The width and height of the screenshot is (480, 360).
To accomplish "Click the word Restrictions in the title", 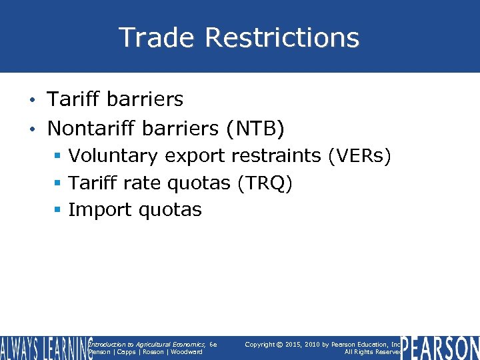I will (x=282, y=37).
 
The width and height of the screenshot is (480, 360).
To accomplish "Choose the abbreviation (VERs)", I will (x=359, y=156).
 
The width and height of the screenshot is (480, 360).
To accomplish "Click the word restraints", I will (x=276, y=156).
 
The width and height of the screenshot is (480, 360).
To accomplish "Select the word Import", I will (x=101, y=209).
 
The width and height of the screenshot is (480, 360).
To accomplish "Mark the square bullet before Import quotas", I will (x=58, y=210).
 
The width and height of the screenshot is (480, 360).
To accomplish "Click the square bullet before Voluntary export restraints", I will (x=58, y=157).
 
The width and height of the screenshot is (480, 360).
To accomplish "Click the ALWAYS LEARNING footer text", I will (x=45, y=348).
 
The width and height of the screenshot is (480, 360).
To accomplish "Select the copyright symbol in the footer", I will (x=279, y=345).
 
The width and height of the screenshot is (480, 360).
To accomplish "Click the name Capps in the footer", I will (x=126, y=352).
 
